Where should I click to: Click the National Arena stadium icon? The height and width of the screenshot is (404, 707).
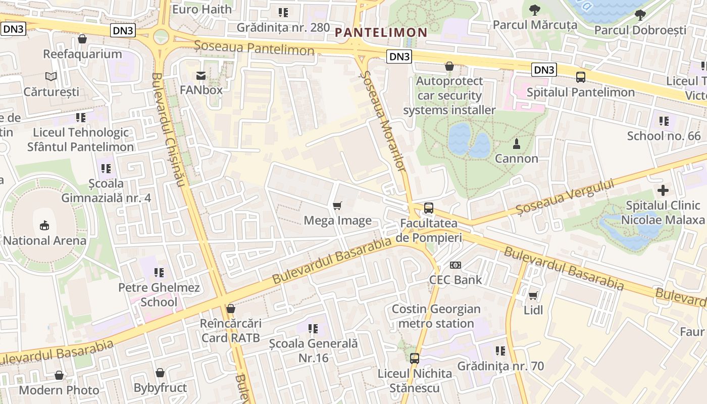[44, 225]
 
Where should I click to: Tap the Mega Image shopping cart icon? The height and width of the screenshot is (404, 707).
[337, 206]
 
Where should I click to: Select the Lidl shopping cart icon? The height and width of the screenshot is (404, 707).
[533, 295]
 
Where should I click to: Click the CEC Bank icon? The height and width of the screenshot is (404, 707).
[456, 265]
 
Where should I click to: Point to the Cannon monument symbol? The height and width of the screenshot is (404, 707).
[516, 144]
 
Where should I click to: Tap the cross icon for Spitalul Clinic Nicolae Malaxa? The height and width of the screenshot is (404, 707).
[663, 190]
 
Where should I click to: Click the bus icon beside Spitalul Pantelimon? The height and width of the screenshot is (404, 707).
[581, 77]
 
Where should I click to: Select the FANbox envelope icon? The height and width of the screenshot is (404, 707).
[201, 76]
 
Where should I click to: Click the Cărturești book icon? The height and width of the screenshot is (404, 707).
[51, 77]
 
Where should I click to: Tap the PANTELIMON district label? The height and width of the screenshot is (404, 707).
[381, 32]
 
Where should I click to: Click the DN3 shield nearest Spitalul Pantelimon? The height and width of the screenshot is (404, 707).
[544, 70]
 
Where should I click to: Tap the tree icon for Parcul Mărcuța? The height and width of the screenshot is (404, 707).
[534, 10]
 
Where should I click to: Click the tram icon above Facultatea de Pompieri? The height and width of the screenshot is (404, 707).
[428, 208]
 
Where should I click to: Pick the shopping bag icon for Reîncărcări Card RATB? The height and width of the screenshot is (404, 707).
[231, 308]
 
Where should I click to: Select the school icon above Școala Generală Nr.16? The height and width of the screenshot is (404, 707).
[313, 329]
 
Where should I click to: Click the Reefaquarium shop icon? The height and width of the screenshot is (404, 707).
[82, 39]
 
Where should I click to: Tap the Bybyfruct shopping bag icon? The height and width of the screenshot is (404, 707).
[160, 373]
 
